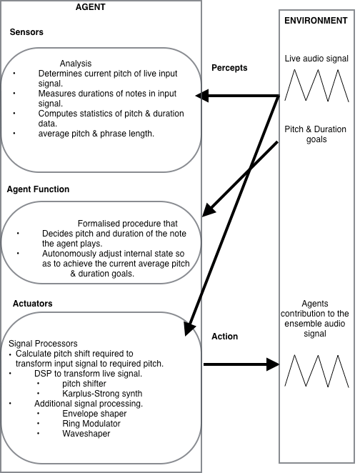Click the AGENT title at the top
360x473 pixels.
pos(90,7)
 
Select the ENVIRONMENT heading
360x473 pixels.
pos(316,21)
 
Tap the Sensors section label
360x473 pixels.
pos(26,32)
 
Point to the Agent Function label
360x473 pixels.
pos(38,189)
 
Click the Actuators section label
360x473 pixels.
pos(33,304)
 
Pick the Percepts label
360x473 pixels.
pos(229,68)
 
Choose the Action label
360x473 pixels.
pos(224,337)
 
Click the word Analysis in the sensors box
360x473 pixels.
pos(76,64)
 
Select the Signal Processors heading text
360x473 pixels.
pos(43,344)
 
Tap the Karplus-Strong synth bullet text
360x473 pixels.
pos(102,394)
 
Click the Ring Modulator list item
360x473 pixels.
pos(91,424)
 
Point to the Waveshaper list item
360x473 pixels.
pos(86,434)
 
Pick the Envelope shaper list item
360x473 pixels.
pos(94,414)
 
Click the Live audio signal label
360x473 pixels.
pos(316,59)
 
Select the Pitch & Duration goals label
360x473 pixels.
pos(316,134)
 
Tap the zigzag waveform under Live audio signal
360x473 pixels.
pos(316,85)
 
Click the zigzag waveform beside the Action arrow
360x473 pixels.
pos(316,371)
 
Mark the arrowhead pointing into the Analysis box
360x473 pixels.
pos(202,96)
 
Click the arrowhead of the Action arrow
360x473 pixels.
pos(273,364)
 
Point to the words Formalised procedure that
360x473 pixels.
pos(128,224)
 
